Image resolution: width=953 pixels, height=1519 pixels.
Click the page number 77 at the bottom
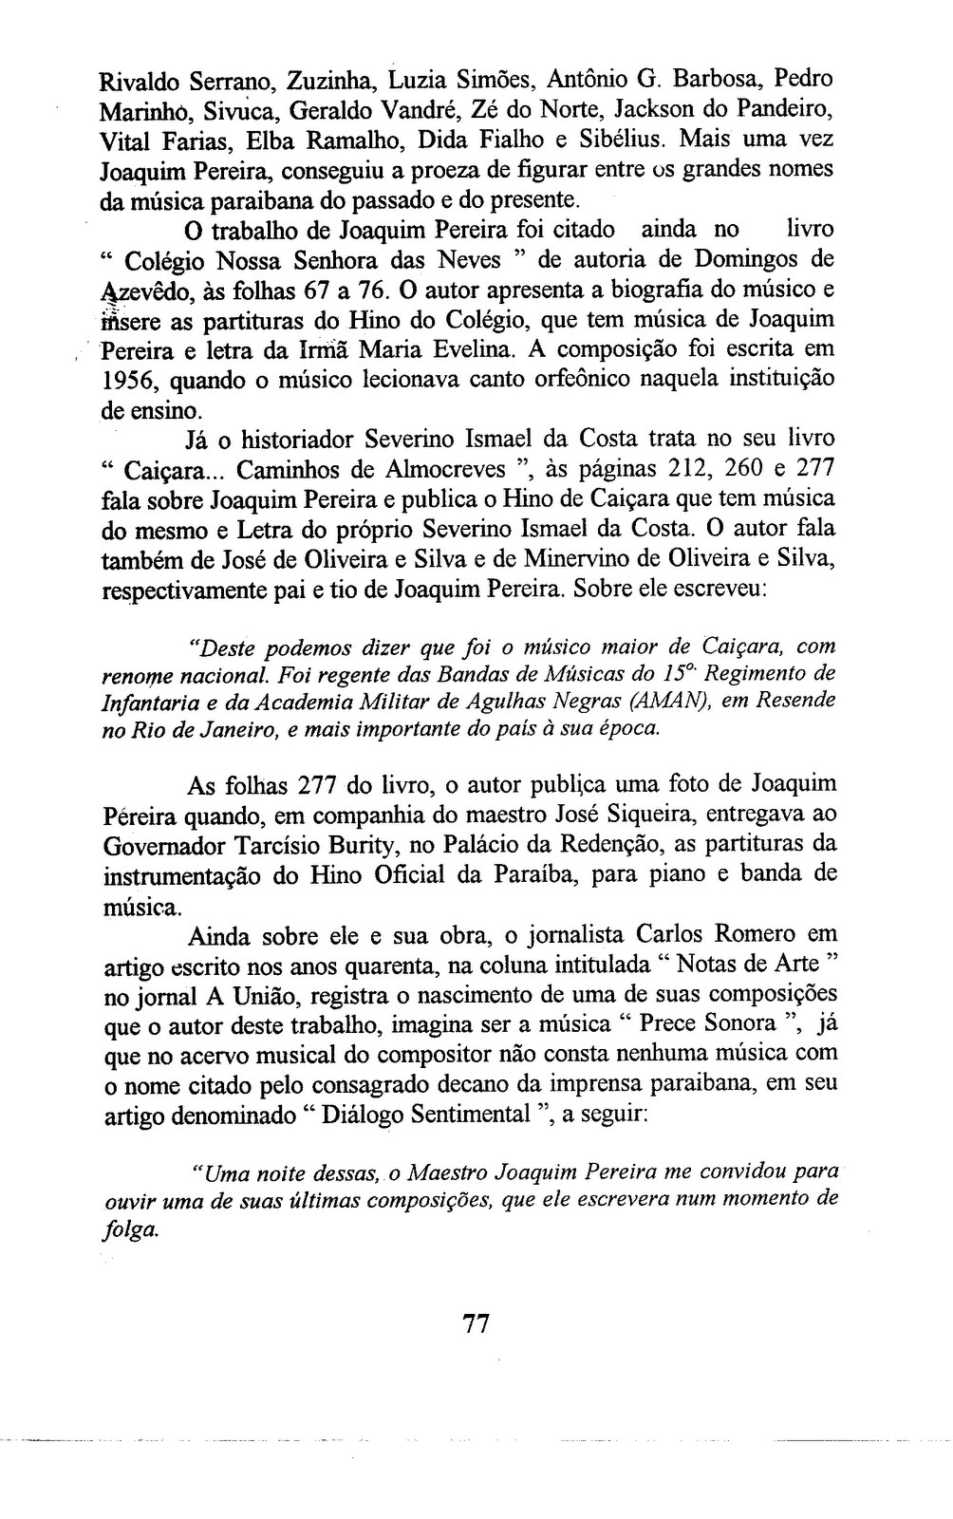coord(475,1322)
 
